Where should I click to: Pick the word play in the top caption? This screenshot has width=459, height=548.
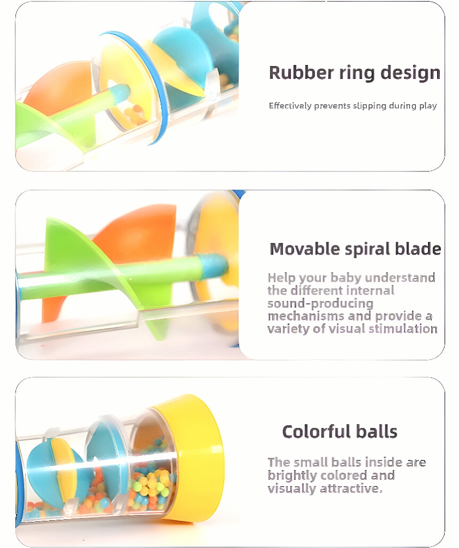pos(428,107)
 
